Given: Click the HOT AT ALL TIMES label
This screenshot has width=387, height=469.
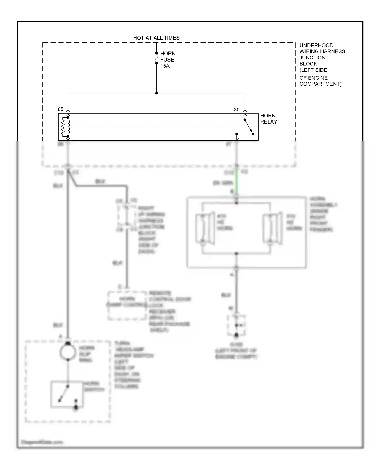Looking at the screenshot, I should pyautogui.click(x=156, y=38).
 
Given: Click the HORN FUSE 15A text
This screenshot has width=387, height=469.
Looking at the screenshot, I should pyautogui.click(x=167, y=60).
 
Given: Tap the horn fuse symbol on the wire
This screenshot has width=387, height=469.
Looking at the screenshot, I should pyautogui.click(x=156, y=58).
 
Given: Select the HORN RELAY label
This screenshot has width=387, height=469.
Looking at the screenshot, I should pyautogui.click(x=268, y=119).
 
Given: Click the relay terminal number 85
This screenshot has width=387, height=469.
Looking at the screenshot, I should pyautogui.click(x=61, y=109).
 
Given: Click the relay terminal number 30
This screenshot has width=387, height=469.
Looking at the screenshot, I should pyautogui.click(x=237, y=110).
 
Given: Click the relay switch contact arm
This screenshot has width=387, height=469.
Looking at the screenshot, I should pyautogui.click(x=249, y=127).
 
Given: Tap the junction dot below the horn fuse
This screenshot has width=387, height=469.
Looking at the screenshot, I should pyautogui.click(x=156, y=93).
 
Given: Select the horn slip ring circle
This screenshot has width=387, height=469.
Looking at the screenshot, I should pyautogui.click(x=68, y=352).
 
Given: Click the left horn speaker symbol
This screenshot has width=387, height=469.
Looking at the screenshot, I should pyautogui.click(x=205, y=228).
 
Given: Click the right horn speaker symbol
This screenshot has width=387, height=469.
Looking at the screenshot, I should pyautogui.click(x=272, y=228).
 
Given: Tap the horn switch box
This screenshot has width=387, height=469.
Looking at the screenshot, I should pyautogui.click(x=67, y=394).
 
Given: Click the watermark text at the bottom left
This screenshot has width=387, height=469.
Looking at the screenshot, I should pyautogui.click(x=42, y=442).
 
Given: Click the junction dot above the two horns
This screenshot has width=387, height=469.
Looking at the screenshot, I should pyautogui.click(x=236, y=203).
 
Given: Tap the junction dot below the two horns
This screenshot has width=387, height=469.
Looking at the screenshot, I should pyautogui.click(x=236, y=254).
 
